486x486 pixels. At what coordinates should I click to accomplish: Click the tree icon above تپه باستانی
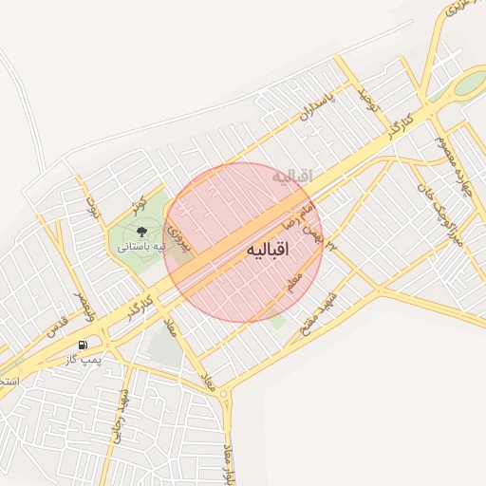click(141, 230)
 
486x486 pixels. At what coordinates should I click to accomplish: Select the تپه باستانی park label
click(141, 246)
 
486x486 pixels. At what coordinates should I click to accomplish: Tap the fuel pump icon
click(84, 345)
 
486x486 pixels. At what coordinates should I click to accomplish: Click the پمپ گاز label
click(84, 360)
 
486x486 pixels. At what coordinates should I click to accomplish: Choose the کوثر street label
click(140, 203)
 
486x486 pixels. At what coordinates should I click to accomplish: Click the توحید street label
click(367, 100)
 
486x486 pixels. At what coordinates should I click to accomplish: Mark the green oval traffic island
click(468, 84)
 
